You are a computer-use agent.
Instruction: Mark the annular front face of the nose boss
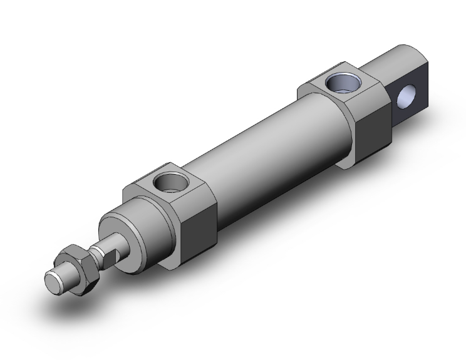pyautogui.click(x=122, y=235)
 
